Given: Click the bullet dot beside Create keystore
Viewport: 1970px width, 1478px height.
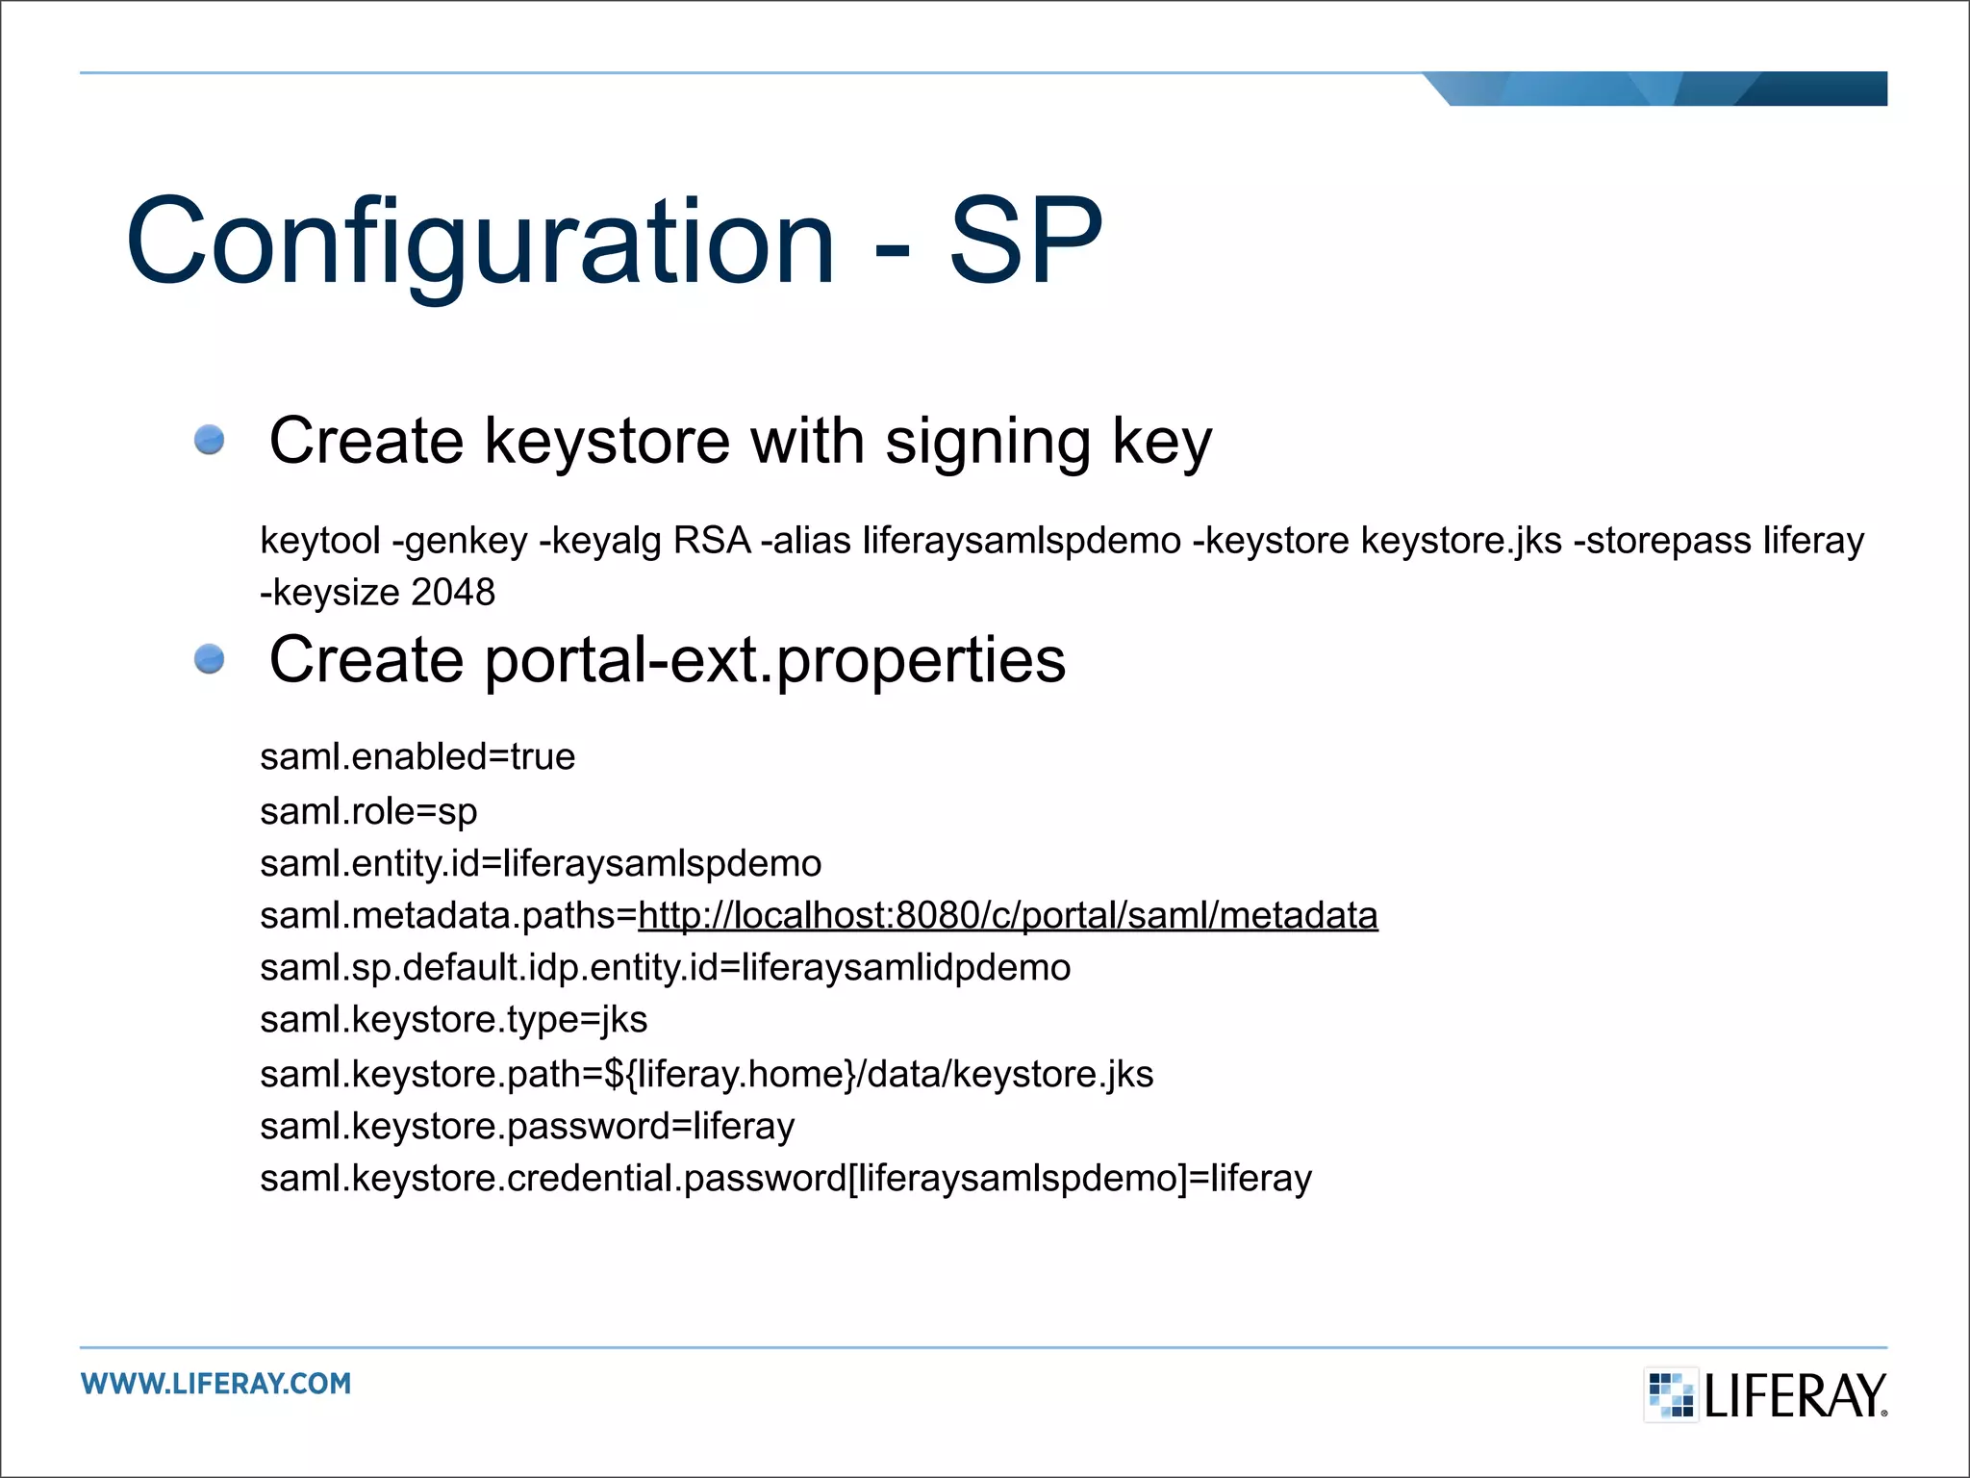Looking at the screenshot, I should [x=209, y=440].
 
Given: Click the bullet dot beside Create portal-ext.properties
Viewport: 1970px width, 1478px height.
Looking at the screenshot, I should [x=209, y=659].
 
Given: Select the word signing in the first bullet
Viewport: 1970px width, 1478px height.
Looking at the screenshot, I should [x=988, y=442].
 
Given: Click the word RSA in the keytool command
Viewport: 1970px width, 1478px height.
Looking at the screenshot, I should [x=712, y=541].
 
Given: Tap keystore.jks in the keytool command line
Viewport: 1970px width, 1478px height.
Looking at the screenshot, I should [x=1461, y=541].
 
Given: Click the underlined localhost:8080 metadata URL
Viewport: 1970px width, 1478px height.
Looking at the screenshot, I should [x=1007, y=915].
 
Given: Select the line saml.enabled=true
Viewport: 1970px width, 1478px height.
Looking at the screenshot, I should [x=417, y=757].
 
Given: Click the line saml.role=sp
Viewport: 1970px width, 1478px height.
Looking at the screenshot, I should [x=368, y=811].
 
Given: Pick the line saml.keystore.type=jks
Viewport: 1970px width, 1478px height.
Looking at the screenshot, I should [x=453, y=1020].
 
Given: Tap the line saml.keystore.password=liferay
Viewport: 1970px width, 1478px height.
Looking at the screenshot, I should [x=527, y=1126].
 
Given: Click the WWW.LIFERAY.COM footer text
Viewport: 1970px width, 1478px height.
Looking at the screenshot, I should [x=216, y=1384].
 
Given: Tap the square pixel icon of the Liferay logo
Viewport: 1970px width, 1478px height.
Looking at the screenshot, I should [x=1671, y=1394].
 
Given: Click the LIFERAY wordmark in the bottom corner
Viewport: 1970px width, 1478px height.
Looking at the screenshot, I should [x=1795, y=1395].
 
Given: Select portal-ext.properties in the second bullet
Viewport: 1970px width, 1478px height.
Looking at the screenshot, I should [x=775, y=661].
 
